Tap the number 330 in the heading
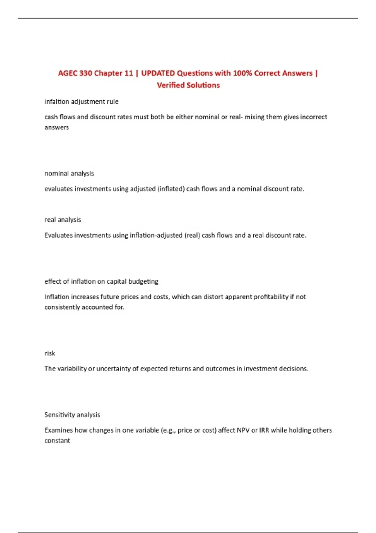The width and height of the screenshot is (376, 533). tap(86, 73)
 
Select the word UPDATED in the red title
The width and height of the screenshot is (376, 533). tap(158, 73)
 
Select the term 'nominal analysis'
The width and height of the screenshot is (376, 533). tap(69, 173)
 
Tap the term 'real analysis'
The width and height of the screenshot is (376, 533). tap(63, 219)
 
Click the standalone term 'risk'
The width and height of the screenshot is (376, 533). tap(50, 353)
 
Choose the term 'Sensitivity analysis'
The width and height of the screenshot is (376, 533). tap(72, 415)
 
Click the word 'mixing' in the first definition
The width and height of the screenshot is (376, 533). tap(255, 117)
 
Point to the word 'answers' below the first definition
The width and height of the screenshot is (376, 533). tap(56, 127)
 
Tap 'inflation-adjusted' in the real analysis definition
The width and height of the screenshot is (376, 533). tap(156, 235)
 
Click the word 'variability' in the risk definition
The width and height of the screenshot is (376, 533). tap(72, 369)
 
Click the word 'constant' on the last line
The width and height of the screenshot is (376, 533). tap(57, 441)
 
